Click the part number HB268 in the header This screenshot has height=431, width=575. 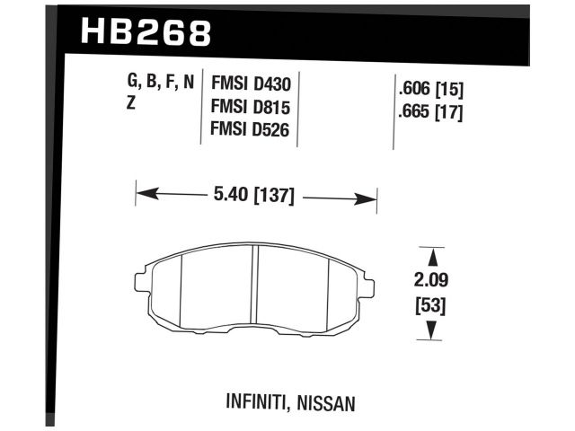(x=146, y=33)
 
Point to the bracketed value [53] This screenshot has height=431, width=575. (x=432, y=305)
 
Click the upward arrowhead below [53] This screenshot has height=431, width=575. (x=432, y=331)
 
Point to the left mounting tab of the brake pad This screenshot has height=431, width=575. (x=141, y=280)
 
